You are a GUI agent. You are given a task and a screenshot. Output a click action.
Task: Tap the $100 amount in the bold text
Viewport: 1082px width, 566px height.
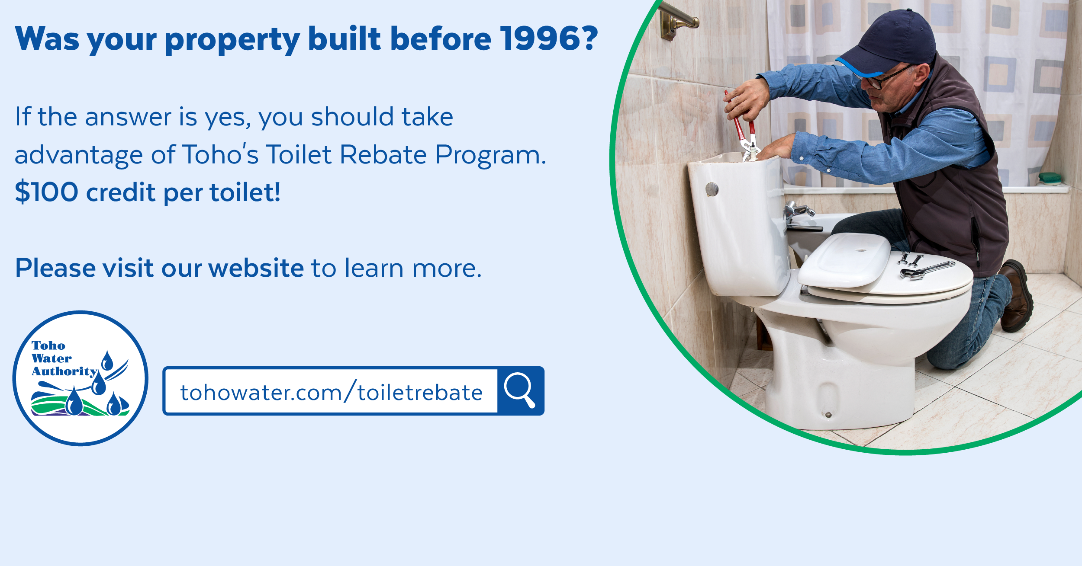pyautogui.click(x=47, y=192)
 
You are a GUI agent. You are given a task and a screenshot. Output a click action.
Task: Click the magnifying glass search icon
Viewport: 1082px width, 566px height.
pyautogui.click(x=520, y=390)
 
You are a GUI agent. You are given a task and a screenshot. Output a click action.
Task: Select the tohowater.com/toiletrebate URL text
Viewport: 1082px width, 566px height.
pyautogui.click(x=331, y=393)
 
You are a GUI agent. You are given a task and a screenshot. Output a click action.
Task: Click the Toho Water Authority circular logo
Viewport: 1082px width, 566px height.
pyautogui.click(x=81, y=378)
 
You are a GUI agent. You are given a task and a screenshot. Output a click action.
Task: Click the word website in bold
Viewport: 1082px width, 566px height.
pyautogui.click(x=256, y=268)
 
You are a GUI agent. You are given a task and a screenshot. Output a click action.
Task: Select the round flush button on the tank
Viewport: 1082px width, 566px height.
pyautogui.click(x=712, y=189)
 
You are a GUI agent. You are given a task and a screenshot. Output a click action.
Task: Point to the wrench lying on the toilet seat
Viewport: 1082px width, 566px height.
pyautogui.click(x=926, y=271)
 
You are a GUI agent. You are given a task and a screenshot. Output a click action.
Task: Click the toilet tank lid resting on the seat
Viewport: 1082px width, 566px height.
pyautogui.click(x=844, y=259)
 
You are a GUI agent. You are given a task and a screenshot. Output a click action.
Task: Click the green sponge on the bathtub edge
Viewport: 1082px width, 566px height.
pyautogui.click(x=1050, y=177)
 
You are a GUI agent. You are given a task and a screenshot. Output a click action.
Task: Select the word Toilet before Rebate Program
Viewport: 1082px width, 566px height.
pyautogui.click(x=299, y=154)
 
